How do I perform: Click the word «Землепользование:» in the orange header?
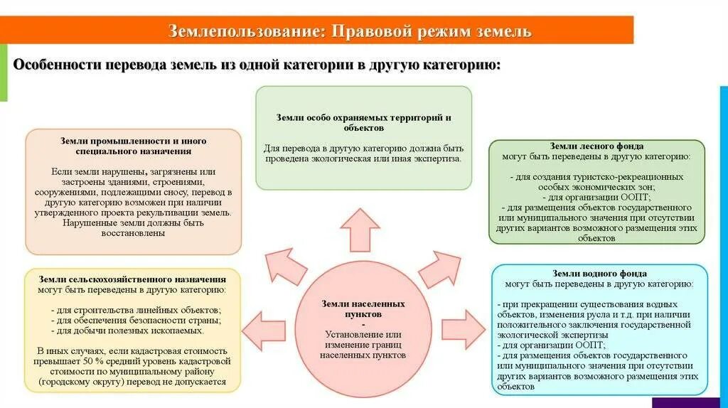(245, 32)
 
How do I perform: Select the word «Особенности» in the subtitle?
(55, 65)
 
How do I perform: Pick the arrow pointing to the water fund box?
(463, 329)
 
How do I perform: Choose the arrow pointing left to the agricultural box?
(264, 329)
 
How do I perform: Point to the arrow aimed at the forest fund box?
(439, 269)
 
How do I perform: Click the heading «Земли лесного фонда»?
(595, 146)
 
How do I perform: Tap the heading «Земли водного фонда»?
(599, 273)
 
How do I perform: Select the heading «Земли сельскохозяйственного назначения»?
(133, 279)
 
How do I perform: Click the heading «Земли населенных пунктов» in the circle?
(363, 308)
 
